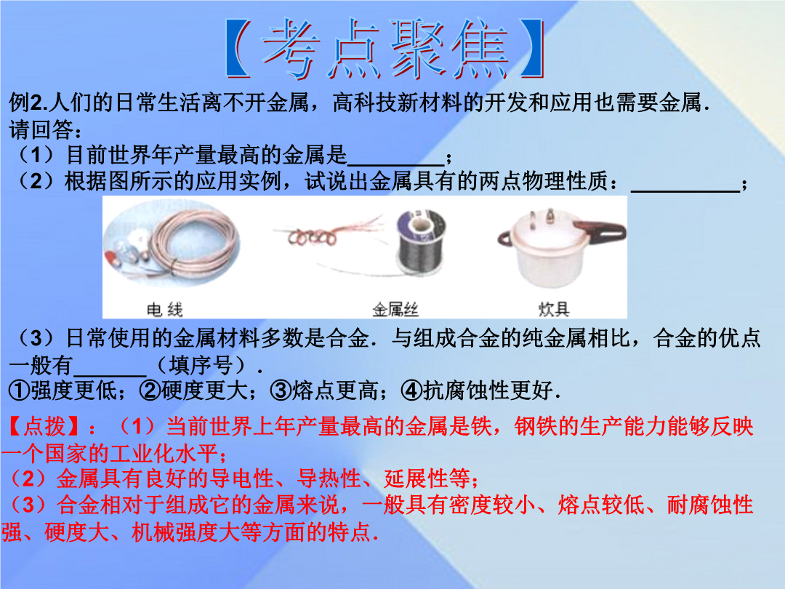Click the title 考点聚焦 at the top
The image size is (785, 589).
coord(385,49)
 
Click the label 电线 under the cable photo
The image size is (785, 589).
coord(165,310)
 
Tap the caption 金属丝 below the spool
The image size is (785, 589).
coord(395,310)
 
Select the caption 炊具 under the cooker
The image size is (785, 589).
coord(554,310)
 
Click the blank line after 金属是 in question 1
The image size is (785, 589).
coord(395,164)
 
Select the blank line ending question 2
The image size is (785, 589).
coord(685,191)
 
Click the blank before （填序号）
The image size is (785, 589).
coord(110,374)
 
